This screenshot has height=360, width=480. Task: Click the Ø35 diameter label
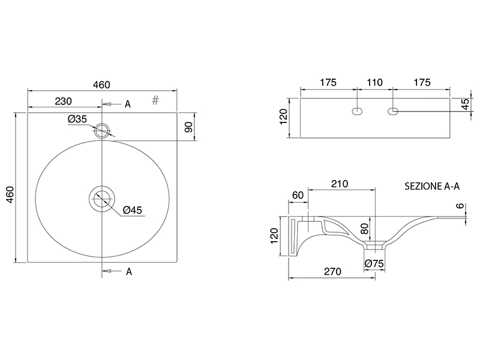click(x=77, y=119)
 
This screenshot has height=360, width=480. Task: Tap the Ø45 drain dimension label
click(x=133, y=210)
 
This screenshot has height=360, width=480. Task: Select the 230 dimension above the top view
click(x=64, y=101)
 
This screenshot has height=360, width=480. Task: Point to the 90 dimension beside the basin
click(x=189, y=127)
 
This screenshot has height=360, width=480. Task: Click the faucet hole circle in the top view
click(x=101, y=131)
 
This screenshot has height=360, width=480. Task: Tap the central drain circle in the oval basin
click(x=102, y=199)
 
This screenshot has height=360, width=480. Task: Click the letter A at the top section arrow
click(x=128, y=104)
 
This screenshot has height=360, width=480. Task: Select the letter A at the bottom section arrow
click(x=129, y=272)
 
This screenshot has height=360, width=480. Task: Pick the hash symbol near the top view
click(x=155, y=100)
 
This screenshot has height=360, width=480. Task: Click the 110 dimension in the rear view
click(x=374, y=82)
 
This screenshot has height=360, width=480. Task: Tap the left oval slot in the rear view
click(x=357, y=111)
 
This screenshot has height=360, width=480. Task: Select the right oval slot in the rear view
click(x=393, y=111)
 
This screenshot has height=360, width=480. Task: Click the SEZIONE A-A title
click(x=432, y=186)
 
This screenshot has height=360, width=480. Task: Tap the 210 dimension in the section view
click(x=340, y=184)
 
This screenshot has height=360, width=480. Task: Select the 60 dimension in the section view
click(x=298, y=195)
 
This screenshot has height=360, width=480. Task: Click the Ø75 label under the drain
click(x=374, y=263)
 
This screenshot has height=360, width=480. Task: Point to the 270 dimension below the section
click(x=332, y=272)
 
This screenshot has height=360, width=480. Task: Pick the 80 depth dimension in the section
click(x=364, y=229)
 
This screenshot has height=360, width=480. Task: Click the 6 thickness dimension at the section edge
click(x=460, y=206)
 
